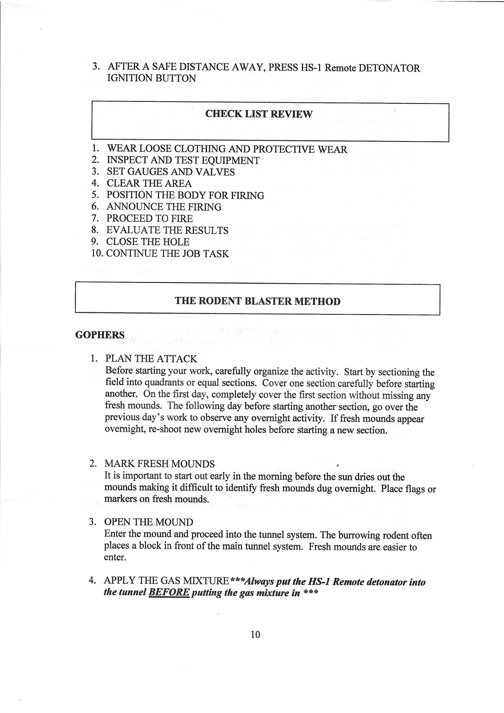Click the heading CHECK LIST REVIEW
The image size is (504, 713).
coord(259,114)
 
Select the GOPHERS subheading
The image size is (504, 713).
coord(100,335)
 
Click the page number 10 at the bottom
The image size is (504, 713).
coord(255,635)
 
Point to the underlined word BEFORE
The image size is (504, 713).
coord(169,592)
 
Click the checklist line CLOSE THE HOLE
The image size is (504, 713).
coord(148,242)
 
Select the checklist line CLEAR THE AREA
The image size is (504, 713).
coord(149,184)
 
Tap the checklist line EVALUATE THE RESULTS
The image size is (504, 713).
coord(167,230)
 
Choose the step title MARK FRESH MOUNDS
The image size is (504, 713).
coord(159,464)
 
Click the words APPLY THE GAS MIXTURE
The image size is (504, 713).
coord(166,580)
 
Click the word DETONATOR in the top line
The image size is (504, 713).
coord(389,68)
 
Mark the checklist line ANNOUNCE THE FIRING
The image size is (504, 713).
coord(164,207)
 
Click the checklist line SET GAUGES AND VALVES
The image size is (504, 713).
coord(171,172)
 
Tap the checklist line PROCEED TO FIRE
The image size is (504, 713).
coord(149,219)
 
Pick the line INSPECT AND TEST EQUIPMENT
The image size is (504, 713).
coord(183,161)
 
